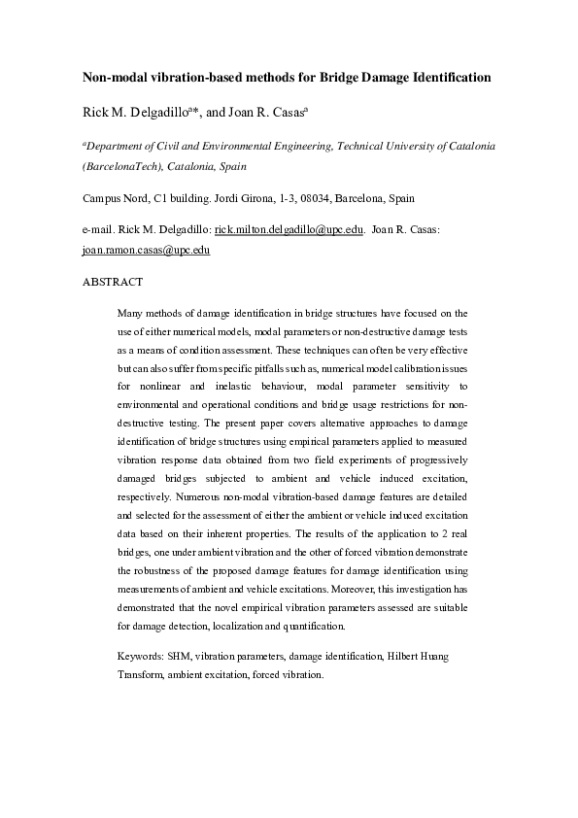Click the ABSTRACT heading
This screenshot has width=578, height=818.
click(x=112, y=282)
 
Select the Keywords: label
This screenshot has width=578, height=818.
click(x=140, y=657)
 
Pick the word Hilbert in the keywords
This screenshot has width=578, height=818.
click(x=398, y=657)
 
